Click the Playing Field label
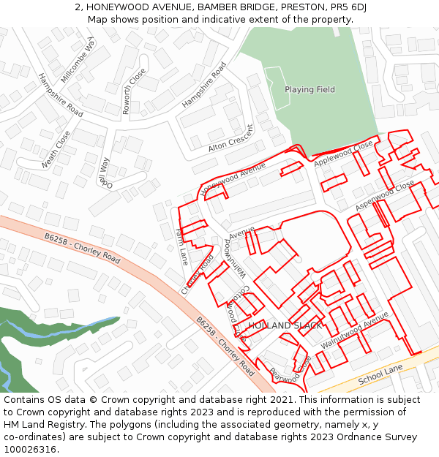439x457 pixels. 309,90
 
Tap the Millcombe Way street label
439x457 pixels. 78,58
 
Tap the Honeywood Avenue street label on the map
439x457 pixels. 232,178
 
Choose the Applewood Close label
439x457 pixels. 343,154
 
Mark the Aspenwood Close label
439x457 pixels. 385,197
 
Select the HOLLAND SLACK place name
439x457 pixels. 285,325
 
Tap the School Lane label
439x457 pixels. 380,376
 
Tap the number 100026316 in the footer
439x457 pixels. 31,449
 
